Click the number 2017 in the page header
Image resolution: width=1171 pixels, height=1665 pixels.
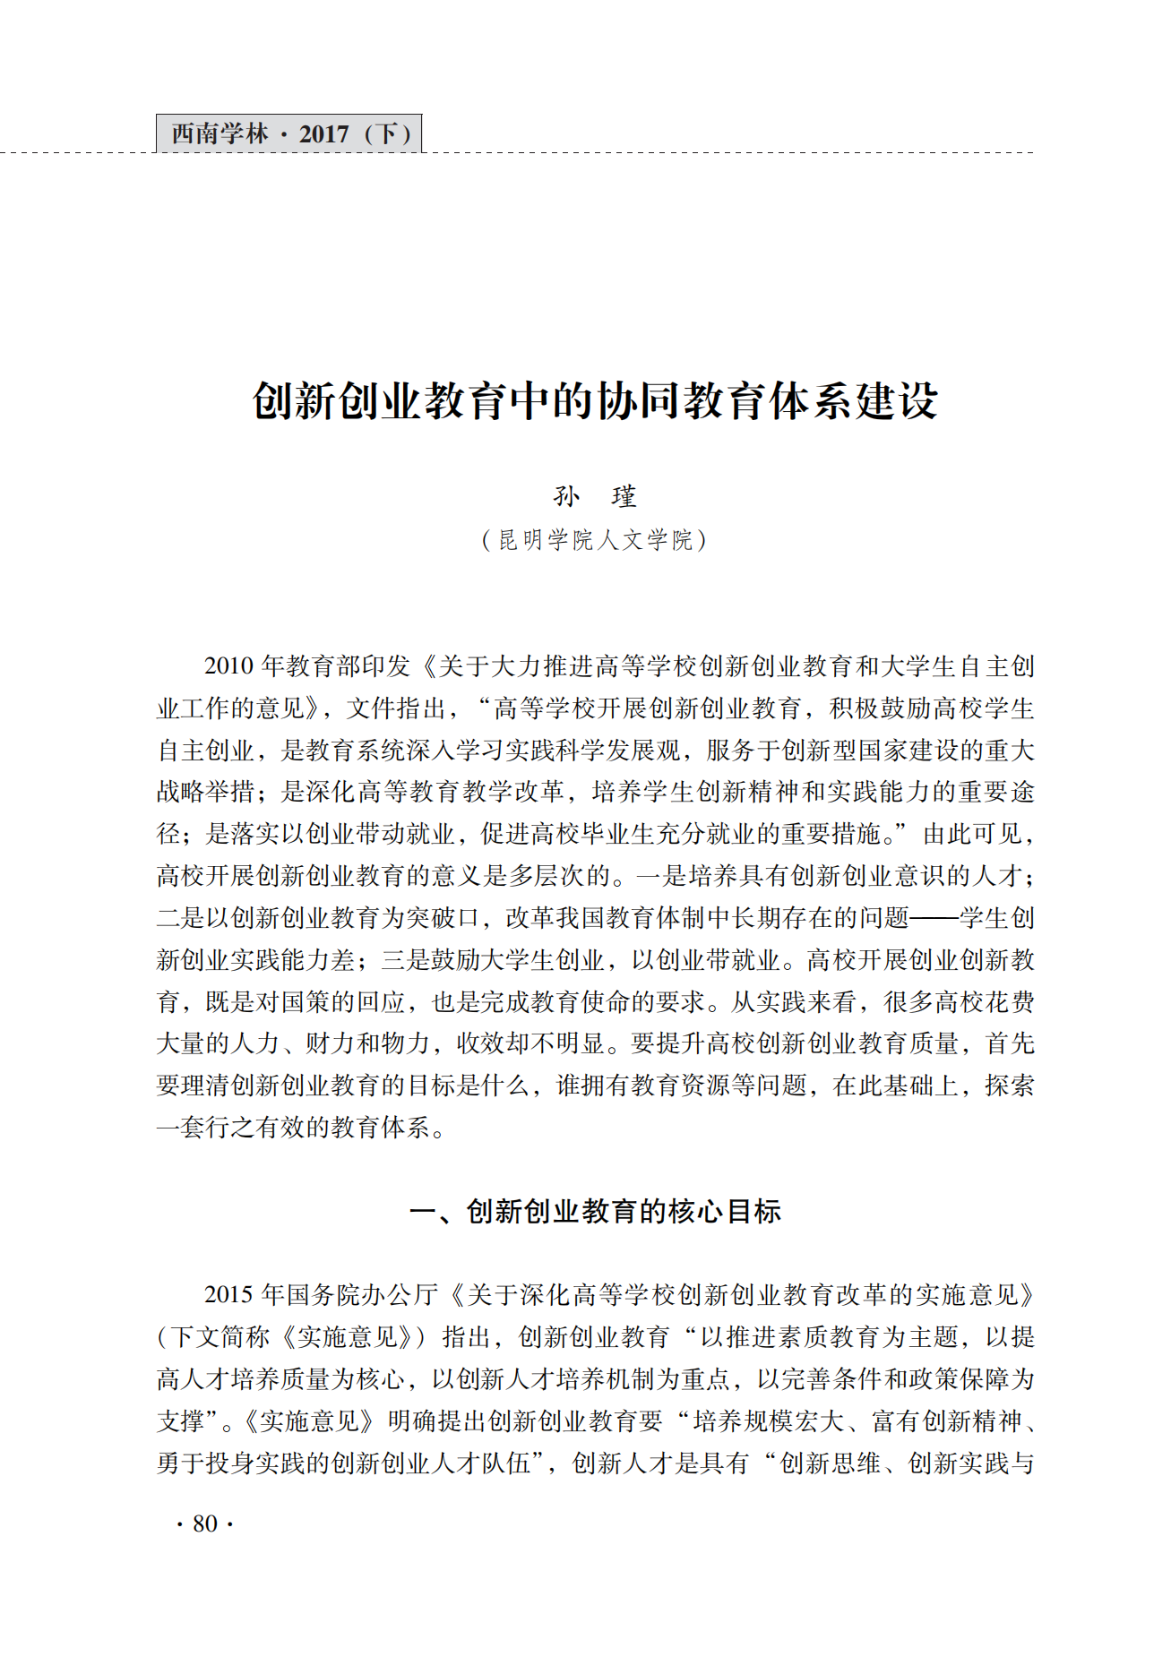coord(323,134)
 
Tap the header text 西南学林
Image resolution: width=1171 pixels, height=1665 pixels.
coord(220,134)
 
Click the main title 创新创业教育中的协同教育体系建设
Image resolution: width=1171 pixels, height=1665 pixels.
coord(595,400)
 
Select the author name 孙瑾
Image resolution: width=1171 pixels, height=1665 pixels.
coord(595,496)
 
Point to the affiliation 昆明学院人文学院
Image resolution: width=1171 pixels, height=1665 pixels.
coord(595,540)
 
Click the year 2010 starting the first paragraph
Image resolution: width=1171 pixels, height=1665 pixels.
coord(228,666)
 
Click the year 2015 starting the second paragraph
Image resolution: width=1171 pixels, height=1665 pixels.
coord(228,1295)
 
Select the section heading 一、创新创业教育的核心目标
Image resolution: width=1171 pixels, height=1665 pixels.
coord(595,1212)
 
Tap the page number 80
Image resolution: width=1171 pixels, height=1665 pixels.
coord(205,1523)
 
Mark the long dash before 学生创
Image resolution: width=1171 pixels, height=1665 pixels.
coord(934,918)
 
